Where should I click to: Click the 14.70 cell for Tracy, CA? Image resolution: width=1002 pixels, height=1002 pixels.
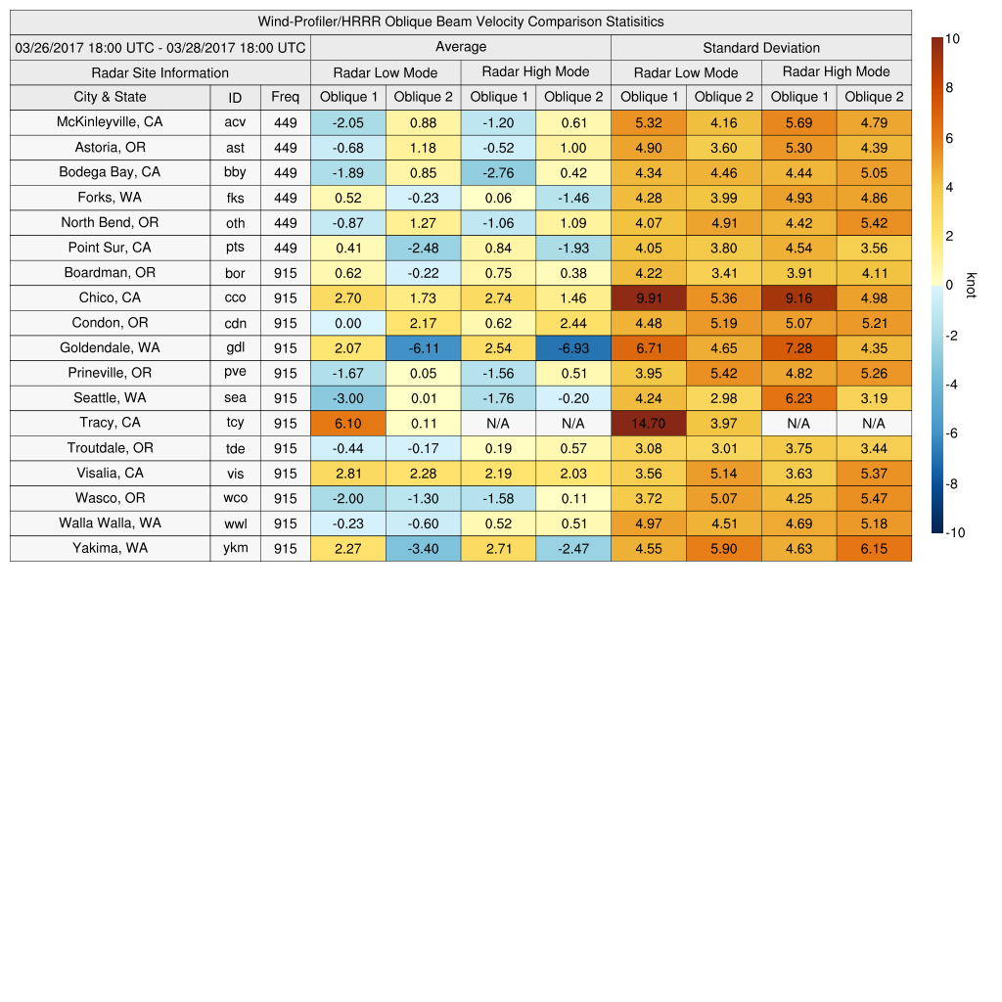coord(648,423)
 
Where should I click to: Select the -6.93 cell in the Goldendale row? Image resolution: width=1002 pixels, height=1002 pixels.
coord(573,347)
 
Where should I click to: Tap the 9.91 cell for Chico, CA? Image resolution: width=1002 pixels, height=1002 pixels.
coord(648,297)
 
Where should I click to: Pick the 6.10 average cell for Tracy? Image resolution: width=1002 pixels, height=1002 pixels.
coord(348,423)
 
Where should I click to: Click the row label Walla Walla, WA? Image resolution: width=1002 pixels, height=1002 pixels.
coord(110,523)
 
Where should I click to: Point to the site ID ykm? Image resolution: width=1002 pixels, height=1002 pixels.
coord(235,548)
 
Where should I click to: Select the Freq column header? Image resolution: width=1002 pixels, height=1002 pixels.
coord(285,97)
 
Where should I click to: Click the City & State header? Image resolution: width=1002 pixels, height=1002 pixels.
coord(110,97)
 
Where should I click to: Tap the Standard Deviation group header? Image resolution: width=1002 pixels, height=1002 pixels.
coord(761,48)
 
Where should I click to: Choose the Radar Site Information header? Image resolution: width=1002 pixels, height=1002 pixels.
coord(159,72)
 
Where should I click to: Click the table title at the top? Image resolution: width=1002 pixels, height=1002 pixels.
coord(461,22)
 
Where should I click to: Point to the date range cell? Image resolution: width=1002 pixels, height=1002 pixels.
coord(160,48)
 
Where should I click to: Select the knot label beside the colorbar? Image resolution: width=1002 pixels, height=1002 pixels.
coord(971,285)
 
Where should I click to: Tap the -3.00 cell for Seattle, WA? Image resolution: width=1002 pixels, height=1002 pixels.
coord(348,398)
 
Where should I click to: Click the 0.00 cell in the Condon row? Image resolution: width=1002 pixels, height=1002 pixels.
coord(348,323)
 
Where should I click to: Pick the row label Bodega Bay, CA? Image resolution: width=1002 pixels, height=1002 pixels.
coord(110,172)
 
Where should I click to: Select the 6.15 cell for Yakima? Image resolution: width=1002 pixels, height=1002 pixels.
coord(874,548)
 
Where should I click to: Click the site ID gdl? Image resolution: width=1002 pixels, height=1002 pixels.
coord(235,347)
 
